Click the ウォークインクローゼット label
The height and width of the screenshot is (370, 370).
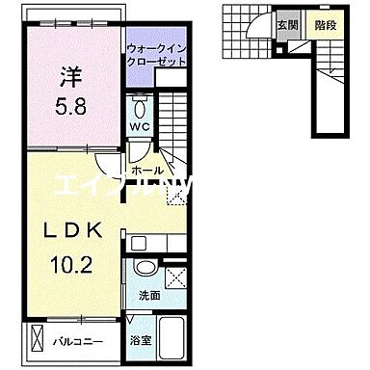(157, 53)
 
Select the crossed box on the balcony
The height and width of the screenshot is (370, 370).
(37, 339)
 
